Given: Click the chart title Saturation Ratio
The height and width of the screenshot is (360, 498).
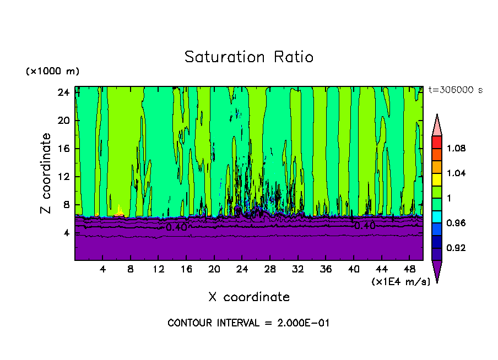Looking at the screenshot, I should pyautogui.click(x=249, y=57).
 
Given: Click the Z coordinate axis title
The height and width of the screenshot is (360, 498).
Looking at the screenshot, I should pyautogui.click(x=46, y=173).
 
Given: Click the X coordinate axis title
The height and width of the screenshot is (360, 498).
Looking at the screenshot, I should pyautogui.click(x=249, y=297).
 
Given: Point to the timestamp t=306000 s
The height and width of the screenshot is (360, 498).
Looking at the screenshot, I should pyautogui.click(x=455, y=90).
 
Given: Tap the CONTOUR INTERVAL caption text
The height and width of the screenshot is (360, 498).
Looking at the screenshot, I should pyautogui.click(x=248, y=323).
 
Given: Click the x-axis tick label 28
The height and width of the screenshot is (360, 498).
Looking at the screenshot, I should pyautogui.click(x=270, y=269).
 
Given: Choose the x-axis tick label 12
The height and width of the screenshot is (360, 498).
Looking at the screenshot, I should pyautogui.click(x=158, y=269).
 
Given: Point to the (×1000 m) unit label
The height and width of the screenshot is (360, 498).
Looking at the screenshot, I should pyautogui.click(x=53, y=72).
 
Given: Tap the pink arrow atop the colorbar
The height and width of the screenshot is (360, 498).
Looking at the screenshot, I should pyautogui.click(x=436, y=125).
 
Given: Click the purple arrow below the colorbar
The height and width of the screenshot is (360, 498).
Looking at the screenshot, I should pyautogui.click(x=436, y=271).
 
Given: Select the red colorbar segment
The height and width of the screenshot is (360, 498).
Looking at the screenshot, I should pyautogui.click(x=436, y=141).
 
